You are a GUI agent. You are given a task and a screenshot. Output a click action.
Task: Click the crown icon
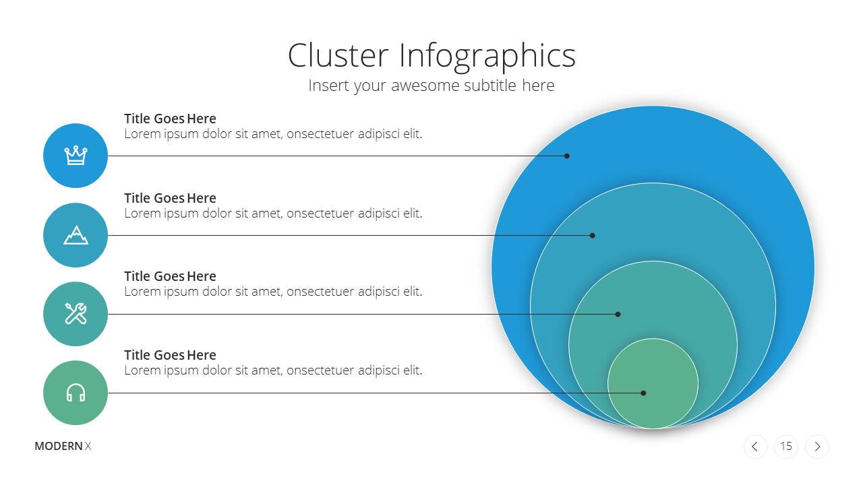(76, 156)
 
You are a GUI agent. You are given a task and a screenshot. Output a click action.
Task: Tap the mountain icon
(76, 235)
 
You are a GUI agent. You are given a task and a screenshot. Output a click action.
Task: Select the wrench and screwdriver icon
(76, 314)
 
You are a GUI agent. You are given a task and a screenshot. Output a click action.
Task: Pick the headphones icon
(76, 393)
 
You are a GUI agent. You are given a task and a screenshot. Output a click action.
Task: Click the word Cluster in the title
(338, 55)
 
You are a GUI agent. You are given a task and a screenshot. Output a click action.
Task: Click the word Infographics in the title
(487, 57)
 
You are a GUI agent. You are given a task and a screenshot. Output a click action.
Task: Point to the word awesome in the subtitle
(425, 86)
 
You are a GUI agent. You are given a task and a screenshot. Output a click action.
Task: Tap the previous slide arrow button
(755, 447)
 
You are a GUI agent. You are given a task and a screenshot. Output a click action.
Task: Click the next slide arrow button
(816, 447)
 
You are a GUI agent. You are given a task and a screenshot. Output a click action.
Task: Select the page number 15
(786, 447)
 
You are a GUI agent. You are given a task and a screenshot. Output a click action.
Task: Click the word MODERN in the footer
(59, 446)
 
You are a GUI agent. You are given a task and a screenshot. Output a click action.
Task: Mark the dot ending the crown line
(567, 156)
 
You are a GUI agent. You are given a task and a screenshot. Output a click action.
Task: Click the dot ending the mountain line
(592, 235)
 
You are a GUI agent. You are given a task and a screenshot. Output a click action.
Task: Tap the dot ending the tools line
(618, 314)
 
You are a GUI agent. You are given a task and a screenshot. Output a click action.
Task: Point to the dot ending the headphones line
(643, 393)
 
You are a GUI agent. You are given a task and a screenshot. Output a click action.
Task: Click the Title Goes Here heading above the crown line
(170, 119)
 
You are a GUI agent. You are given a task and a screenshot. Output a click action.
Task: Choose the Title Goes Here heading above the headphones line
(170, 355)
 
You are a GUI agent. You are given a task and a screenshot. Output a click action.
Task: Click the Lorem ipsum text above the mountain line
(273, 214)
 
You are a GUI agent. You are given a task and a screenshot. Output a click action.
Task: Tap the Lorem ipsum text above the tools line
(273, 292)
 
